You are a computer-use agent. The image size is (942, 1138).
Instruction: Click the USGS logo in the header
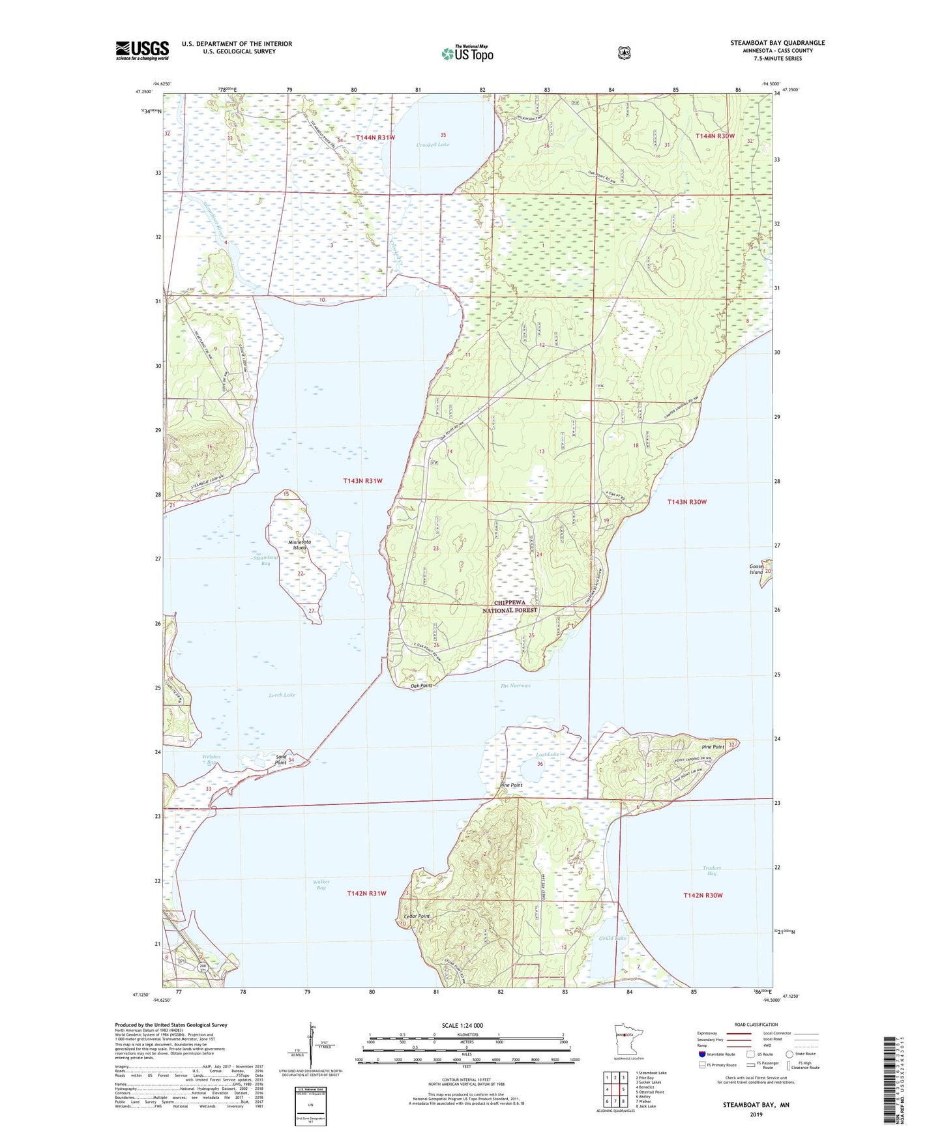coord(142,50)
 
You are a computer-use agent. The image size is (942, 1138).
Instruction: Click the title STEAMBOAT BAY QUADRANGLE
coord(777,43)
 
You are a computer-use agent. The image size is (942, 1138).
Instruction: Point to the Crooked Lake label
coord(433,145)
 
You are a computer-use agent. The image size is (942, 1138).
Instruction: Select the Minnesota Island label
coord(299,545)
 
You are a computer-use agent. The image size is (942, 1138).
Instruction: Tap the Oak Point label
coord(421,686)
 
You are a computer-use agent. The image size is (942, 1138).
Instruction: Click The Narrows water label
coord(515,686)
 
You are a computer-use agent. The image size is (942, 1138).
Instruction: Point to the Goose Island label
coord(756,570)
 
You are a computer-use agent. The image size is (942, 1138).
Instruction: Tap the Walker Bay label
coord(321,884)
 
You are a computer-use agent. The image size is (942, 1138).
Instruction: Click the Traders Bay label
coord(712,871)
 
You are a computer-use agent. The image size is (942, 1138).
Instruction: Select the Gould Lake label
coord(612,939)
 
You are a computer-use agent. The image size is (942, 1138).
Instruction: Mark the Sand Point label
coord(281,759)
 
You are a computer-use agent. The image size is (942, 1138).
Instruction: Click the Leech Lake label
coord(282,695)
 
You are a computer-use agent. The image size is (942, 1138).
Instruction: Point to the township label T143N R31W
coord(362,481)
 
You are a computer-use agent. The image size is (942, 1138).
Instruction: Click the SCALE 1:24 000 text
coord(462,1025)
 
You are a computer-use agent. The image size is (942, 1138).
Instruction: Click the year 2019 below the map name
coord(756,1114)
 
